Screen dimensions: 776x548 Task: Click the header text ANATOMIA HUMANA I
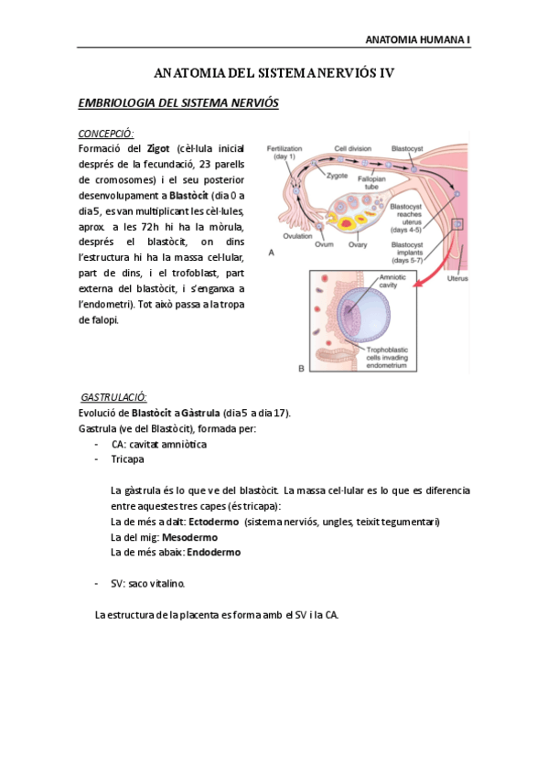417,40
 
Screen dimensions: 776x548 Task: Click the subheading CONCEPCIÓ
106,133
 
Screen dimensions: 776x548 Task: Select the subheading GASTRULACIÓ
114,397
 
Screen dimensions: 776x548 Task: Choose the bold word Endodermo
214,552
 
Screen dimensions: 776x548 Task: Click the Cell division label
352,147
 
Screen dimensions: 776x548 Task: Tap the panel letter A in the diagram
270,251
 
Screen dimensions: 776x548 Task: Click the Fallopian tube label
371,182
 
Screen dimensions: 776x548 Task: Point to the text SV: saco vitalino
152,583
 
